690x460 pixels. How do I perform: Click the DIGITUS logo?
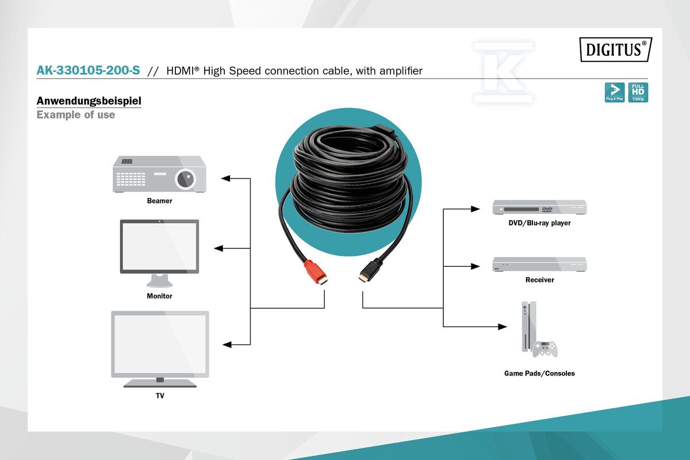point(616,49)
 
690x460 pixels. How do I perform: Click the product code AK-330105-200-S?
point(88,71)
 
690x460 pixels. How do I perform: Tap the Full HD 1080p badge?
point(638,92)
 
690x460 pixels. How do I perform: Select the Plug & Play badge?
point(615,92)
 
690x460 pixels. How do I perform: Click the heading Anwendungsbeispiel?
point(89,101)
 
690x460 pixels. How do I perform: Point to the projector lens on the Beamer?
point(185,179)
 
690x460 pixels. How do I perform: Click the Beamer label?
point(159,201)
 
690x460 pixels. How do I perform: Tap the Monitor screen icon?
point(159,253)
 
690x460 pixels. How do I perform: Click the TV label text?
point(160,396)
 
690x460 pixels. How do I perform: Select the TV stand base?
point(160,383)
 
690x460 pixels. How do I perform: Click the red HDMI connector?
point(316,273)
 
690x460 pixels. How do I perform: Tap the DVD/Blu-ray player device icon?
point(539,207)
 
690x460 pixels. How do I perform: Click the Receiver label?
point(539,280)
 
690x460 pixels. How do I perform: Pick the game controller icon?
point(545,350)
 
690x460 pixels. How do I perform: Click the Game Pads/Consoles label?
point(539,373)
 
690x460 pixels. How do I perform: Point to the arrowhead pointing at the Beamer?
point(225,178)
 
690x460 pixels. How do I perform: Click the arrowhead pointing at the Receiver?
point(476,266)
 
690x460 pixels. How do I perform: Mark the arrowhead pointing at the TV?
point(227,344)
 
